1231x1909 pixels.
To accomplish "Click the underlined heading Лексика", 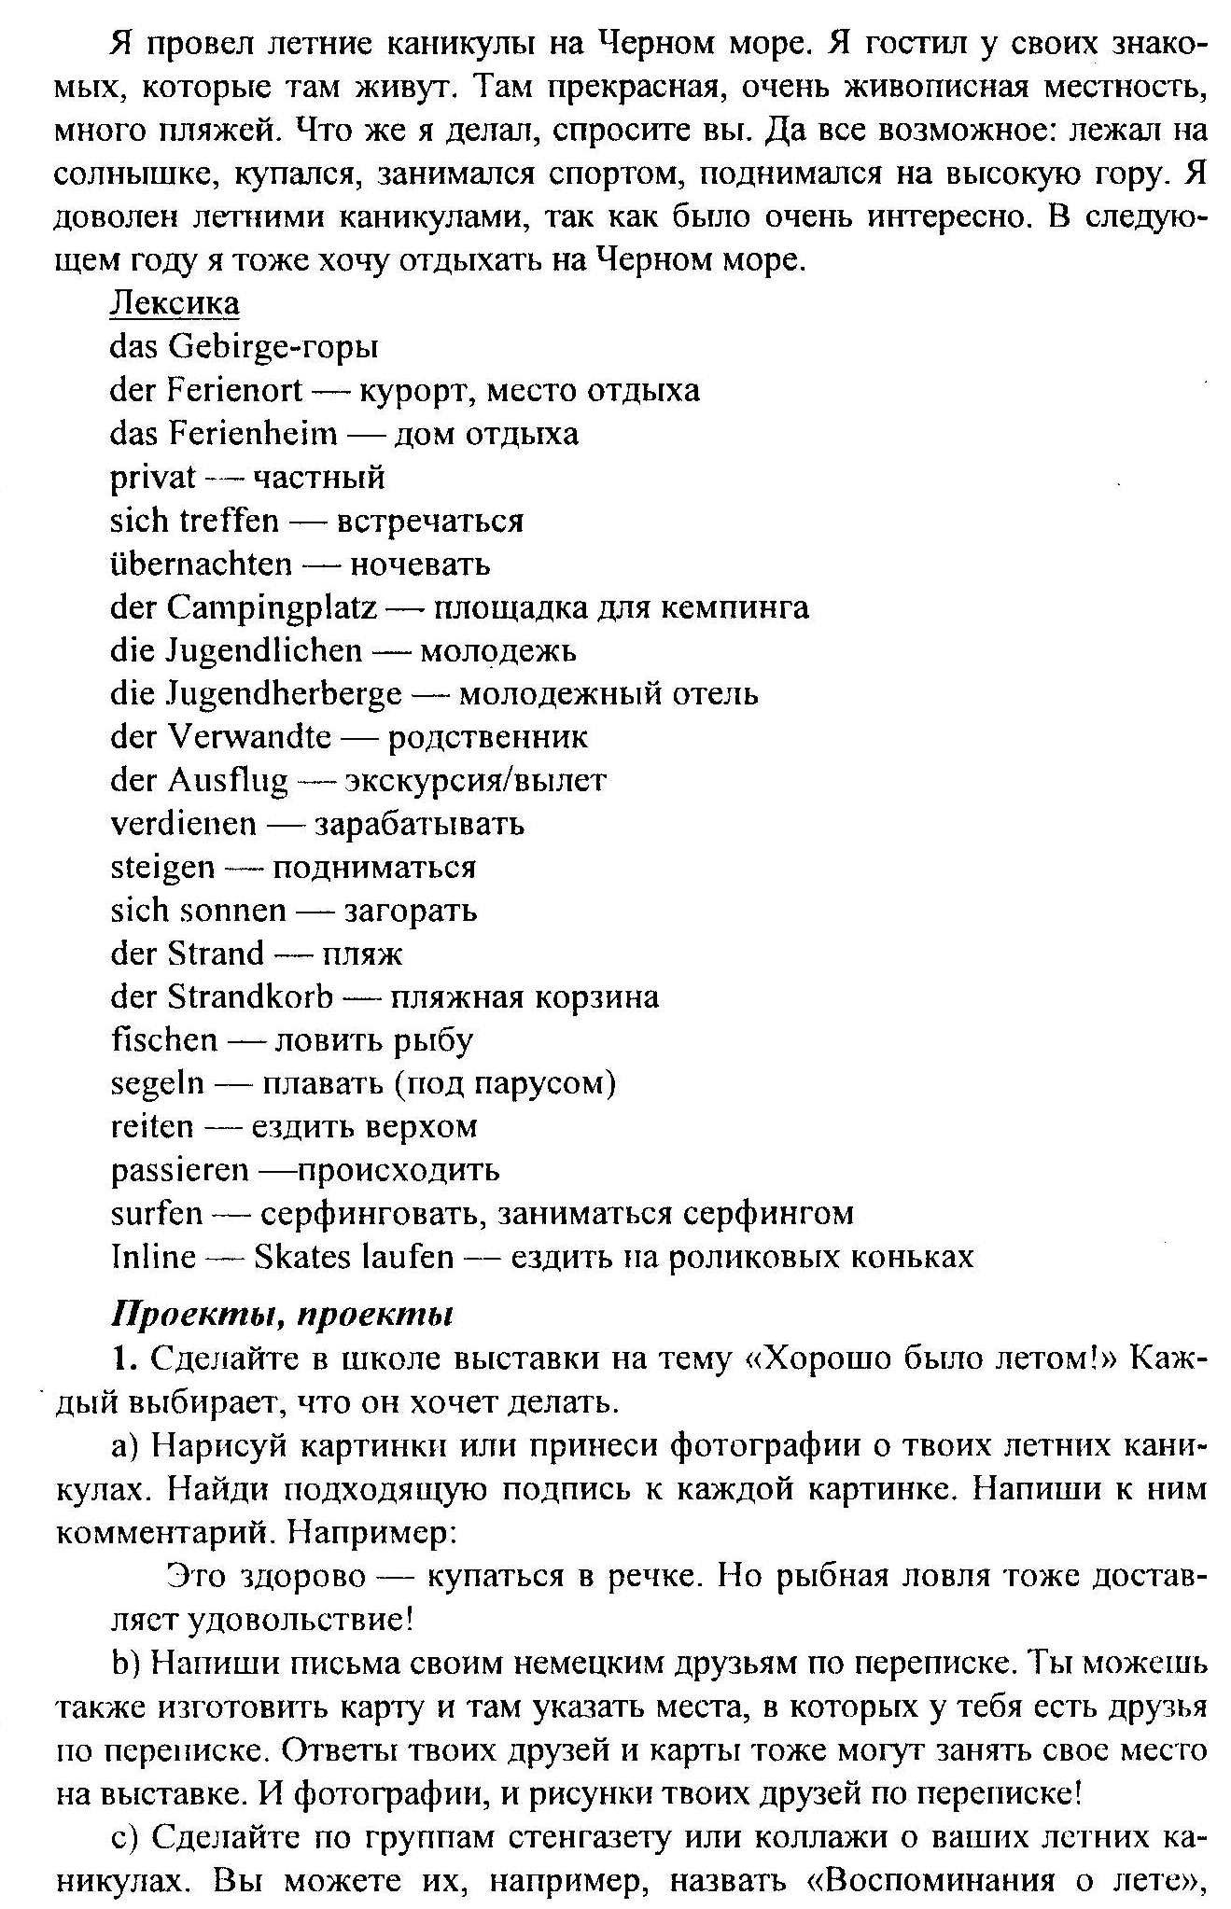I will [175, 303].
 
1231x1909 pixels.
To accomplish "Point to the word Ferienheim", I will [252, 434].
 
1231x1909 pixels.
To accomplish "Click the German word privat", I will [153, 478].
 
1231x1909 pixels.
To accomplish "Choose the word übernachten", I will [201, 564].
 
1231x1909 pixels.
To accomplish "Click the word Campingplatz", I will [272, 607].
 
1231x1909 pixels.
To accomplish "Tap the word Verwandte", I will [249, 737].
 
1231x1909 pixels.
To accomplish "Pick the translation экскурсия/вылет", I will [476, 781].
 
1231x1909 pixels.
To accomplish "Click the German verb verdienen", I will [183, 824].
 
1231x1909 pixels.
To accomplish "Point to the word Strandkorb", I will [250, 997].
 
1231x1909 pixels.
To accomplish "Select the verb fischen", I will [163, 1040].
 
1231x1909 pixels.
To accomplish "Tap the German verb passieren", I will [179, 1170].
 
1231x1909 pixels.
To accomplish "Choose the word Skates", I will [303, 1257].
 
